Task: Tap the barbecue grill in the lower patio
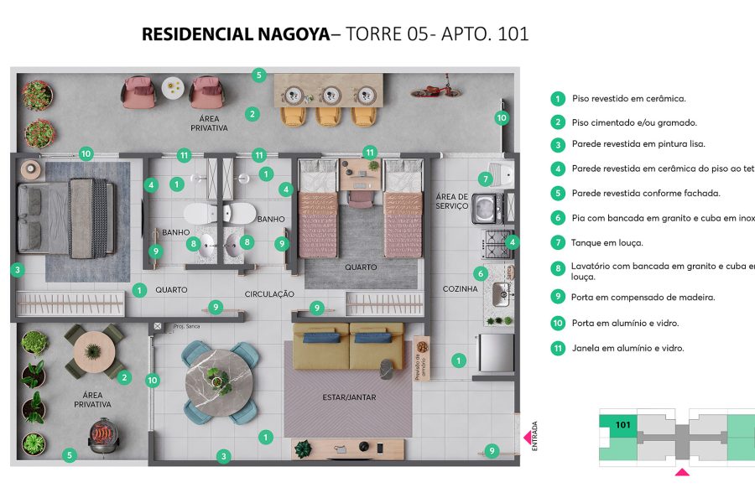tap(103, 437)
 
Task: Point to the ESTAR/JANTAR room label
tap(348, 397)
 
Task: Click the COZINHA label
tap(460, 289)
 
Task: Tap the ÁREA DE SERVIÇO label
tap(452, 200)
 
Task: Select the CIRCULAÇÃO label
tap(269, 294)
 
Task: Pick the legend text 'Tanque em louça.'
tap(607, 243)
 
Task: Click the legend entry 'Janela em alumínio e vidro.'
tap(627, 348)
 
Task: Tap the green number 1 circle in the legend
tap(557, 99)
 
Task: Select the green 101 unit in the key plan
tap(617, 425)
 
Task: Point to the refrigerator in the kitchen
tap(494, 353)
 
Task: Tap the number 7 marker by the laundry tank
tap(485, 179)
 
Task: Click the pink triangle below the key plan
tap(682, 474)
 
